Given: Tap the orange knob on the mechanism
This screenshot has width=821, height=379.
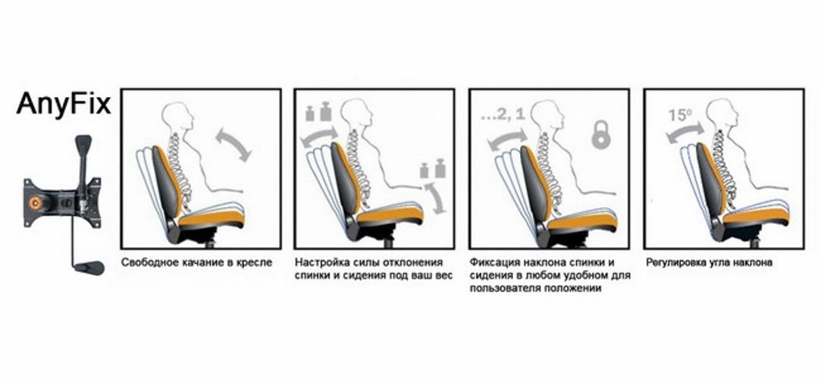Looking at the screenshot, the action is tap(36, 202).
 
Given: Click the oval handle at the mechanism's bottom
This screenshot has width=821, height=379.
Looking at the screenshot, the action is tap(89, 268).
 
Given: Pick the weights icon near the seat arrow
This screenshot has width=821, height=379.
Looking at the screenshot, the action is tap(433, 168).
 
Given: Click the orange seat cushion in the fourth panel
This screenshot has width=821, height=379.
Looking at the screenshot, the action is tap(754, 214).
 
